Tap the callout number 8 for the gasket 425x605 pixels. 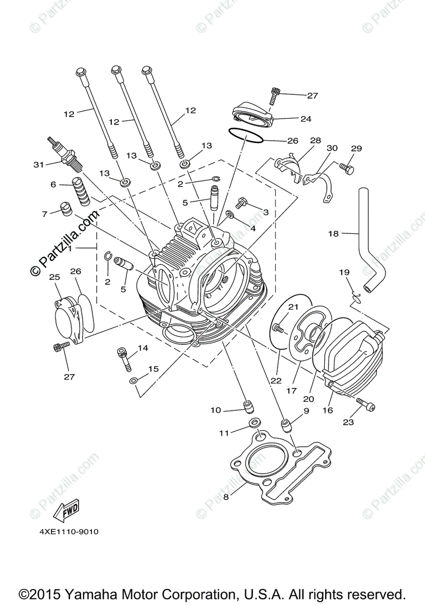coord(226,497)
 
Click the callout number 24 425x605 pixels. coord(306,119)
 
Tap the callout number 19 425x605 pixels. coord(344,272)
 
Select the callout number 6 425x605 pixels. coord(53,185)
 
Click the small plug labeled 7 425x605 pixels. coord(65,209)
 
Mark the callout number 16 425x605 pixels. coord(328,410)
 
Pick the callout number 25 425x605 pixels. coord(54,277)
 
